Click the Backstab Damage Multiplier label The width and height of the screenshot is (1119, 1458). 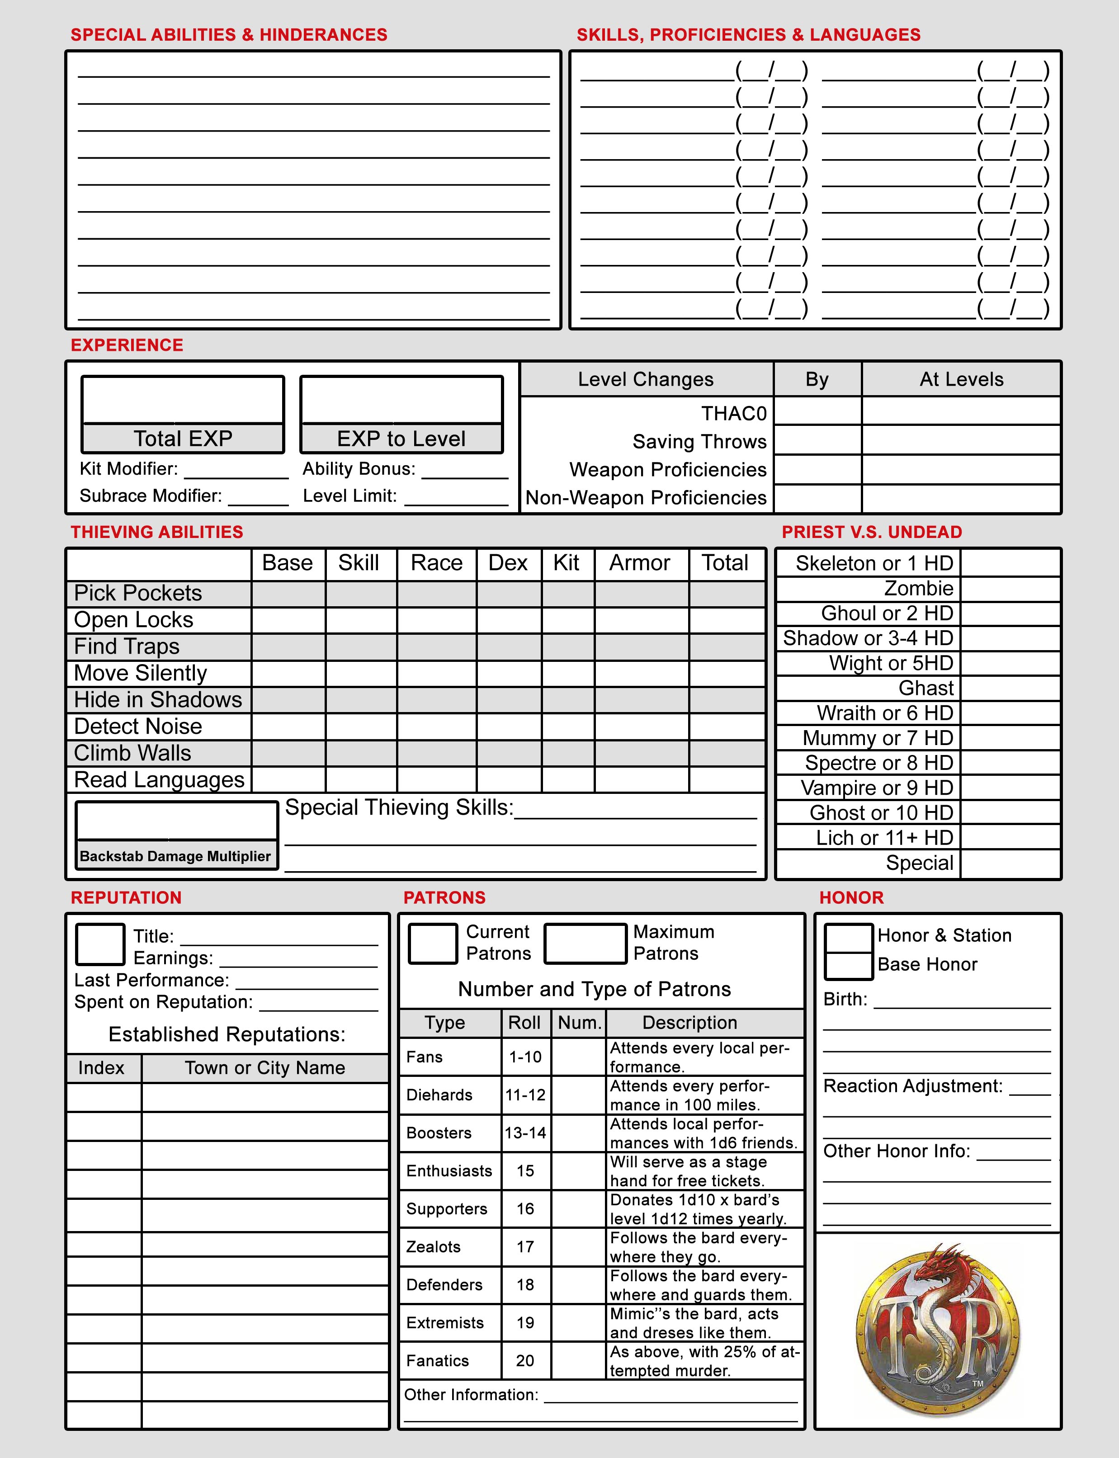pyautogui.click(x=175, y=856)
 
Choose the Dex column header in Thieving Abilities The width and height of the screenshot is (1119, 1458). pyautogui.click(x=508, y=563)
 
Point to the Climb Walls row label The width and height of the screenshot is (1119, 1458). pyautogui.click(x=132, y=753)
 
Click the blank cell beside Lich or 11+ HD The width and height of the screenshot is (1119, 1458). pyautogui.click(x=1010, y=838)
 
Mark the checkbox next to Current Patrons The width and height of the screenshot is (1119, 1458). pyautogui.click(x=432, y=943)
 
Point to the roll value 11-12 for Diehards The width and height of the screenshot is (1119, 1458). pyautogui.click(x=525, y=1095)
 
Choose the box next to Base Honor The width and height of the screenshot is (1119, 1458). pyautogui.click(x=849, y=966)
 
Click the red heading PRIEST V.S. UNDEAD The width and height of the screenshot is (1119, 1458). pyautogui.click(x=872, y=532)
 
